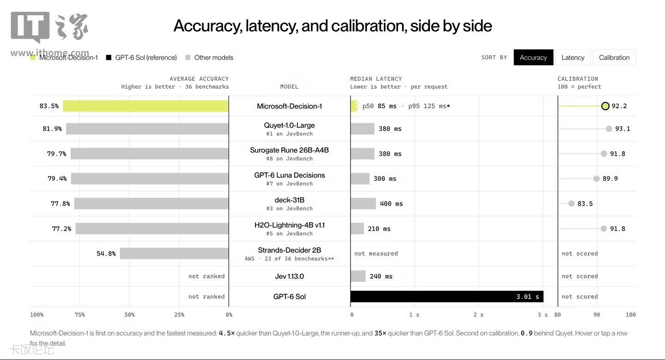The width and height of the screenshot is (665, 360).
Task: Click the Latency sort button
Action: point(573,57)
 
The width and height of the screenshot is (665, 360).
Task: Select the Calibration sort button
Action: point(614,57)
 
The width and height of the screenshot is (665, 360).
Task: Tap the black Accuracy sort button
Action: point(533,57)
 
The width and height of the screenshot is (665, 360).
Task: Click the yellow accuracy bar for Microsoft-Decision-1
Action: point(145,106)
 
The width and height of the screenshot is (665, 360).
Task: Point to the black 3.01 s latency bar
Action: point(447,296)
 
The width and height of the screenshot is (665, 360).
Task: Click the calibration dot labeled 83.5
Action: point(571,203)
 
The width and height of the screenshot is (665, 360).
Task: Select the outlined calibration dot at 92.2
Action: point(605,106)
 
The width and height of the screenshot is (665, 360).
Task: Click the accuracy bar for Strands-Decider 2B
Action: point(174,253)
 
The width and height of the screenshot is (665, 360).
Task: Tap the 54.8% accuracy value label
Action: point(106,253)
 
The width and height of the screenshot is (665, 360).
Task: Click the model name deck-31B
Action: point(290,200)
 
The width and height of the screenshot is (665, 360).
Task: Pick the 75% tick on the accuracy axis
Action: point(79,315)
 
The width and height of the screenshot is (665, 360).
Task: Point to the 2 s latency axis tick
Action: point(478,315)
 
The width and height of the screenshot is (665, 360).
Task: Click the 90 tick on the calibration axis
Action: point(597,315)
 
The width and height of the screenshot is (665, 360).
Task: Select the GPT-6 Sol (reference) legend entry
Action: point(141,57)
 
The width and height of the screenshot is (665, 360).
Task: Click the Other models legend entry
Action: point(209,57)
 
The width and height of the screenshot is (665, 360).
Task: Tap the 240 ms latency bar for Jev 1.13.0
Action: point(358,276)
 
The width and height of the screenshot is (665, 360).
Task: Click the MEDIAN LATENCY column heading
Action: point(376,79)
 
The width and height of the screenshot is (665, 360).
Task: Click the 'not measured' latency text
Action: point(376,253)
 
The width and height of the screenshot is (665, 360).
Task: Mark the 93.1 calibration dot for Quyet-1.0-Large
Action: point(609,128)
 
